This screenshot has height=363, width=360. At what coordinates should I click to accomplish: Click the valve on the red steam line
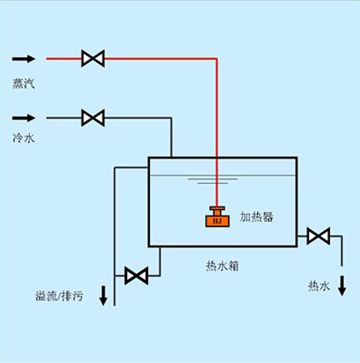[x=92, y=58]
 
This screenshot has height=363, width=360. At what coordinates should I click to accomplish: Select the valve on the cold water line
[x=92, y=118]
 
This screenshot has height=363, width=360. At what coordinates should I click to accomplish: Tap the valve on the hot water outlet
[x=318, y=236]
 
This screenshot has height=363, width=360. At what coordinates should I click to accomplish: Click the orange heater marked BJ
[x=217, y=217]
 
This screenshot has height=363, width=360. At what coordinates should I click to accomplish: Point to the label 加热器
[x=256, y=216]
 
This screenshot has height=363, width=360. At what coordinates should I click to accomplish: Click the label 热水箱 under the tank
[x=222, y=266]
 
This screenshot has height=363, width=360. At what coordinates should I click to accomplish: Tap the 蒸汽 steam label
[x=24, y=84]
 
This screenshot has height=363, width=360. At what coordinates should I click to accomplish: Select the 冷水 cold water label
[x=24, y=137]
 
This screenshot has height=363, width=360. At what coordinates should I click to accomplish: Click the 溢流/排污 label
[x=58, y=295]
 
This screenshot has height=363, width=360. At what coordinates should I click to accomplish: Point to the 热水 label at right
[x=318, y=286]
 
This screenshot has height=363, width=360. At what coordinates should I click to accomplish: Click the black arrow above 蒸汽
[x=24, y=58]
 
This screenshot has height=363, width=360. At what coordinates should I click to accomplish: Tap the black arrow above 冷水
[x=24, y=118]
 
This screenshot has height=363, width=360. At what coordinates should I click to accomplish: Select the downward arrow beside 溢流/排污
[x=103, y=295]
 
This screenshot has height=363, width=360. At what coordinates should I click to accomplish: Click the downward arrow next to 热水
[x=341, y=287]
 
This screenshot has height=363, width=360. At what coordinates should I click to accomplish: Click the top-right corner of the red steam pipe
[x=217, y=58]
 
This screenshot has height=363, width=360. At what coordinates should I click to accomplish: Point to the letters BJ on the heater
[x=217, y=221]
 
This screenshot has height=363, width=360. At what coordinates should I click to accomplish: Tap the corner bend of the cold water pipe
[x=170, y=118]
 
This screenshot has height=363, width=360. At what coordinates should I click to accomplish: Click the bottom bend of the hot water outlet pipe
[x=341, y=236]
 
